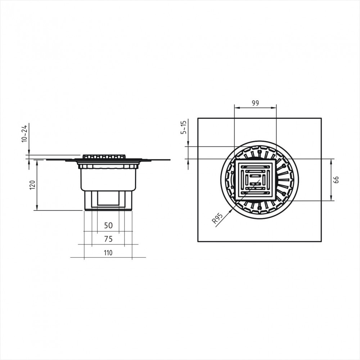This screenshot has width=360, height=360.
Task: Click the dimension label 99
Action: (x=255, y=103)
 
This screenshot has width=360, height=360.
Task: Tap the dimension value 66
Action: (x=336, y=180)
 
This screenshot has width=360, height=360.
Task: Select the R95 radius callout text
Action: (x=217, y=219)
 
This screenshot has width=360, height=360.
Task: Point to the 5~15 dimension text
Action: (x=184, y=127)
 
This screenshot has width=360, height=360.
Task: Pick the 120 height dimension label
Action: (x=32, y=185)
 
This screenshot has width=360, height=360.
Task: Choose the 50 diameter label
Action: (x=108, y=225)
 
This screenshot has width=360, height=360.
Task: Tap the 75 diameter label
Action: (x=108, y=239)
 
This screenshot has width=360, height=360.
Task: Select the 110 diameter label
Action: (x=108, y=253)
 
